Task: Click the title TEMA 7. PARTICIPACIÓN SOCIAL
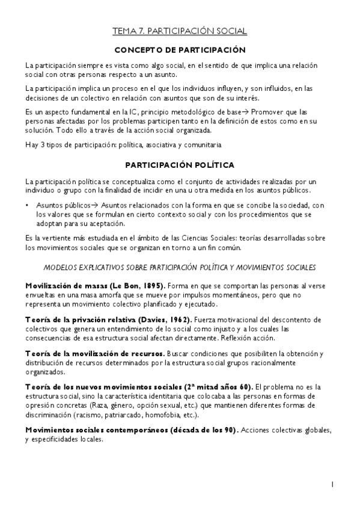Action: pos(180,31)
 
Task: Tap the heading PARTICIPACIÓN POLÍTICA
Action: pos(180,164)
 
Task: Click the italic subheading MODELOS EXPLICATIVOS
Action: pos(180,267)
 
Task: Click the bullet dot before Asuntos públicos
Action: pos(27,206)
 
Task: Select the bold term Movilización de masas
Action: pos(64,284)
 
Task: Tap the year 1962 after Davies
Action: pos(177,319)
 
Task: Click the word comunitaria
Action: pos(202,145)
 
